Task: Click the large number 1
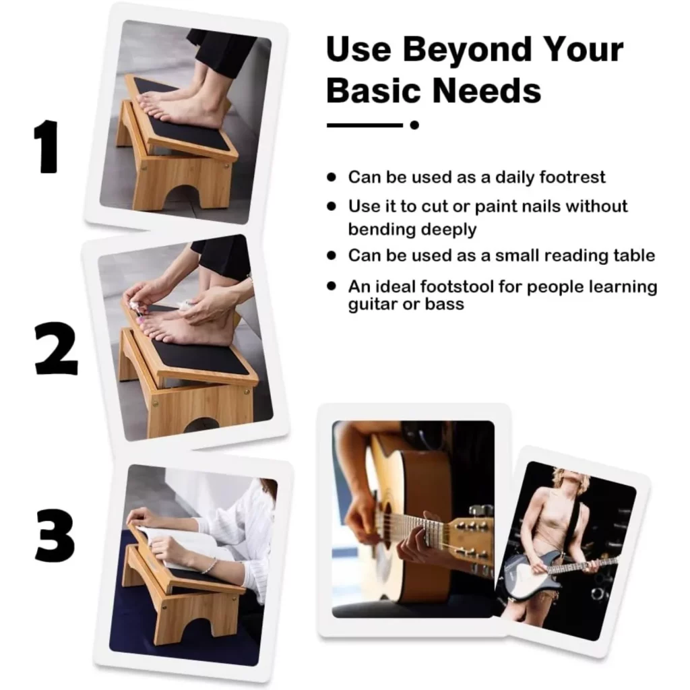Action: [46, 146]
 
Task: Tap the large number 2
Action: [56, 348]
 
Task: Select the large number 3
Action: [55, 536]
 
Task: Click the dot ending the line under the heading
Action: [414, 125]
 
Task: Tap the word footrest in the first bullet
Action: [572, 177]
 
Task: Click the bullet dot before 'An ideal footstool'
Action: [332, 286]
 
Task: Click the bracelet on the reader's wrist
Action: [210, 565]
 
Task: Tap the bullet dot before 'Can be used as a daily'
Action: [332, 177]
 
